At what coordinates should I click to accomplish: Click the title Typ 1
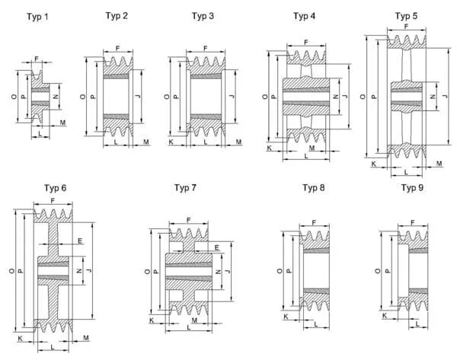tap(37, 17)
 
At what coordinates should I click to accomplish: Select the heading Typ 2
tap(117, 16)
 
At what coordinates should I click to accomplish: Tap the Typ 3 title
tap(203, 16)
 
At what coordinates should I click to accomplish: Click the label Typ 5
tap(406, 16)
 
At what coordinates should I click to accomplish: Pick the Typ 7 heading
tap(185, 187)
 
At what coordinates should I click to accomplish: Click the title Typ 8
tap(315, 187)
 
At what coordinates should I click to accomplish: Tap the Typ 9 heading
tap(412, 187)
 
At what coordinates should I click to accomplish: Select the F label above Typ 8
tap(314, 222)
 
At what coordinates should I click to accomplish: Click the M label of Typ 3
tap(238, 142)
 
